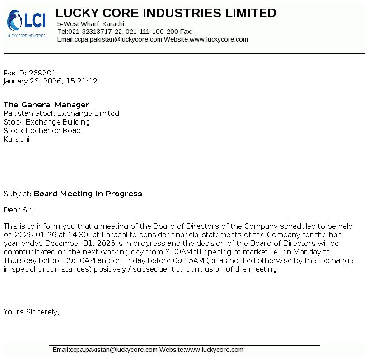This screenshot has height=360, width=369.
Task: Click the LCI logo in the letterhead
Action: (26, 23)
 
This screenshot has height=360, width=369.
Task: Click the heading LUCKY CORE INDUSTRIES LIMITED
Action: (166, 13)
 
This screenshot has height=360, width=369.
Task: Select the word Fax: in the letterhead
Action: (186, 32)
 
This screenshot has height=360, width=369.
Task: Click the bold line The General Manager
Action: (47, 105)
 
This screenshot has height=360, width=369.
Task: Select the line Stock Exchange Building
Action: (47, 122)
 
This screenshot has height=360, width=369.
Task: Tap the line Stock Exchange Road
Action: (42, 130)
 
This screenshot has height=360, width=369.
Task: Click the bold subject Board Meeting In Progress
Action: (88, 194)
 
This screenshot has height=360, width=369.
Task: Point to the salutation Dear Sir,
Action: (19, 210)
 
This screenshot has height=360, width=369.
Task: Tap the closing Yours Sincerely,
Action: (31, 312)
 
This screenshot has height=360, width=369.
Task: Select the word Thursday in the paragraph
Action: (19, 261)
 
